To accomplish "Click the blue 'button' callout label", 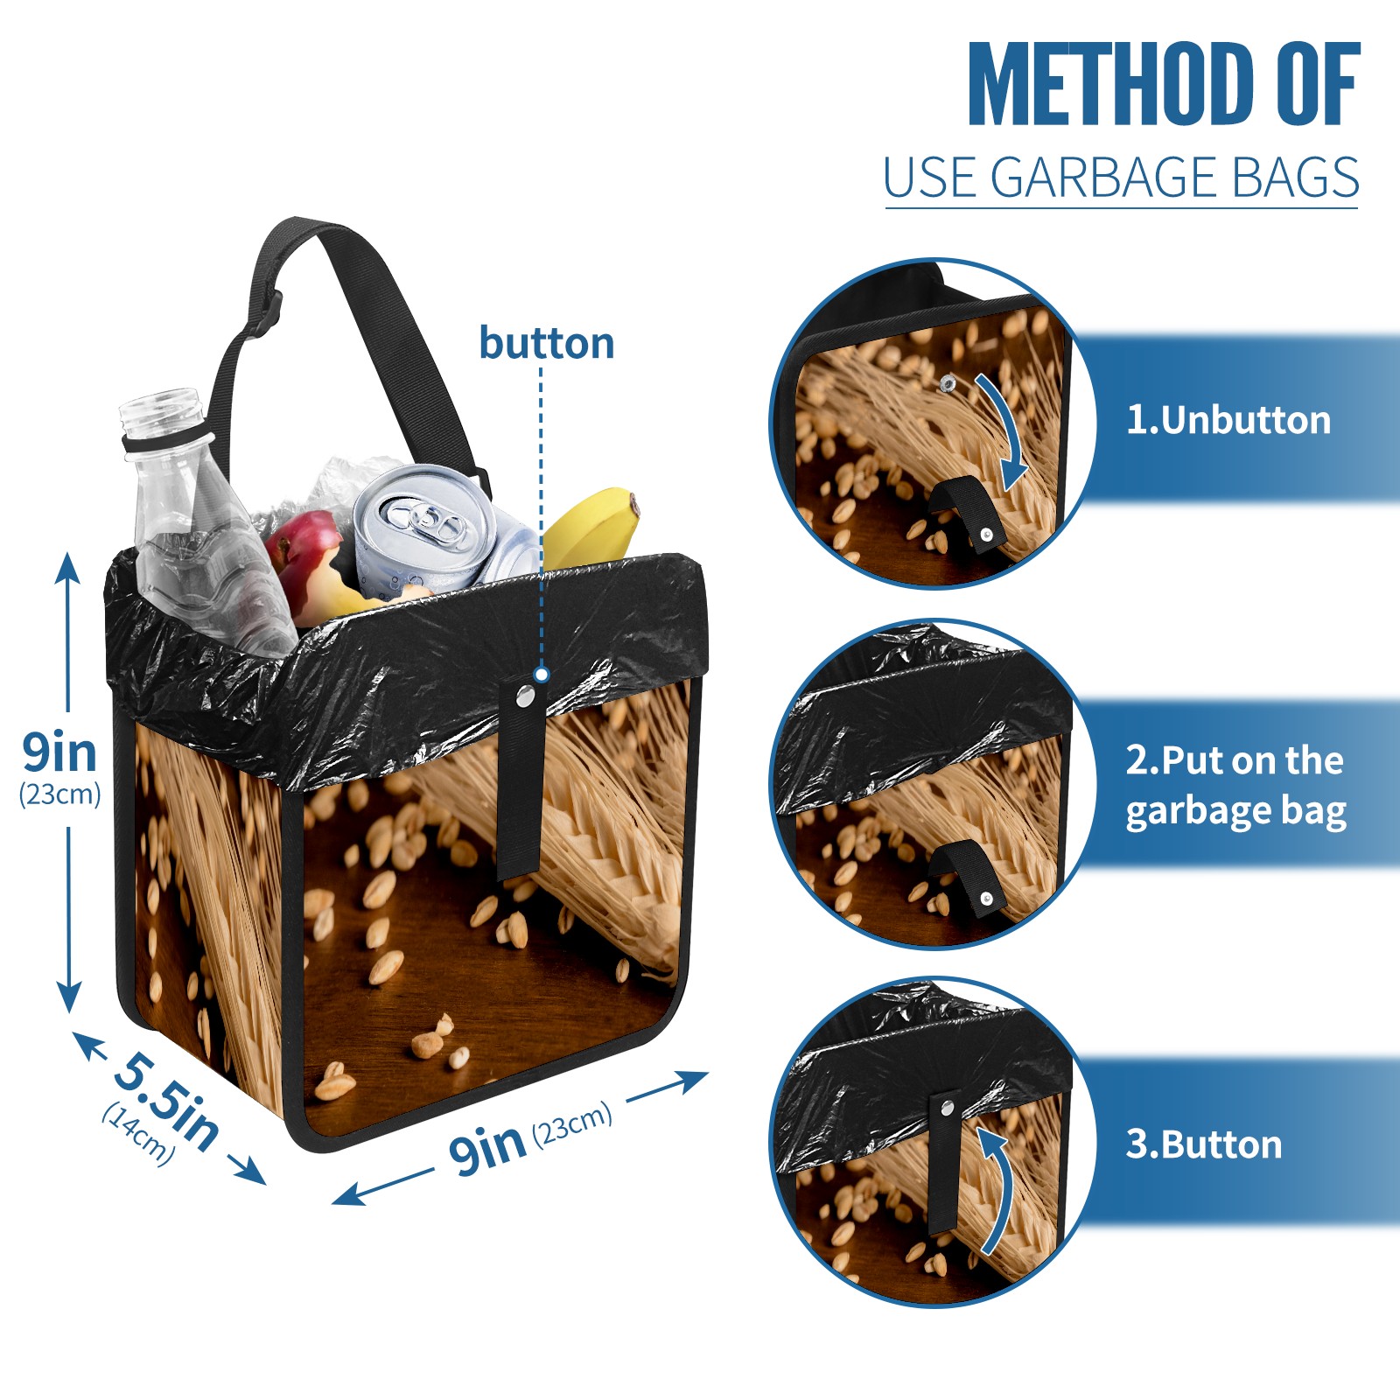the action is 547,343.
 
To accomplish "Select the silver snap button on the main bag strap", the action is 525,696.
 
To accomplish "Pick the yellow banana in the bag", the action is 590,524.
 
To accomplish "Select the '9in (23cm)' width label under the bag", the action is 530,1138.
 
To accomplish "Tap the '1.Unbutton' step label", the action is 1228,420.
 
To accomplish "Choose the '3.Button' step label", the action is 1203,1144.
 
